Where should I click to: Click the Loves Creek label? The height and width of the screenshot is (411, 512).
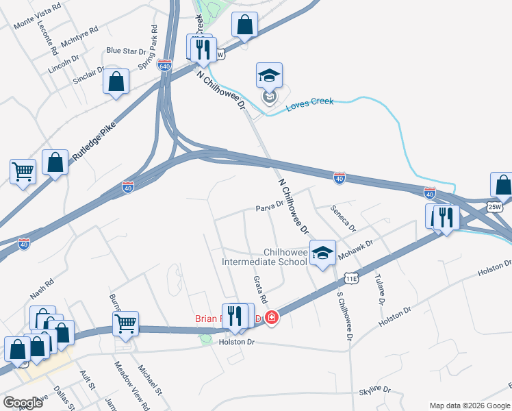pyautogui.click(x=309, y=102)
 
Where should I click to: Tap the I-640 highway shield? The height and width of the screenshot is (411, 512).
pyautogui.click(x=164, y=66)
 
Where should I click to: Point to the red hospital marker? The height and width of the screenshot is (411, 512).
pyautogui.click(x=272, y=318)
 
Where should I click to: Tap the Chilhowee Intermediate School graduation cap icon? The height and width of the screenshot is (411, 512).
pyautogui.click(x=323, y=253)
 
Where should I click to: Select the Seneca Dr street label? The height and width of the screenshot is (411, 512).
pyautogui.click(x=343, y=217)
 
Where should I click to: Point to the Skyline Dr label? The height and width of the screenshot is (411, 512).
pyautogui.click(x=375, y=390)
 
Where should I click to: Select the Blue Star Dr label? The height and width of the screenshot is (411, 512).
pyautogui.click(x=127, y=51)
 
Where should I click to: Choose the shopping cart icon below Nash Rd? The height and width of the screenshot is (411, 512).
pyautogui.click(x=126, y=323)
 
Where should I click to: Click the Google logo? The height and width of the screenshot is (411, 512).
pyautogui.click(x=23, y=403)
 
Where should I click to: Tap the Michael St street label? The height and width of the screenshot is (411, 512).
pyautogui.click(x=149, y=381)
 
